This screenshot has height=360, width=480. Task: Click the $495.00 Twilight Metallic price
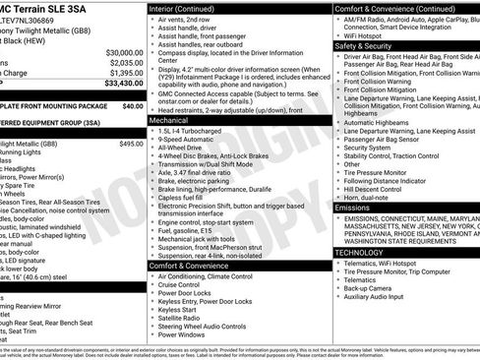tap(131, 144)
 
